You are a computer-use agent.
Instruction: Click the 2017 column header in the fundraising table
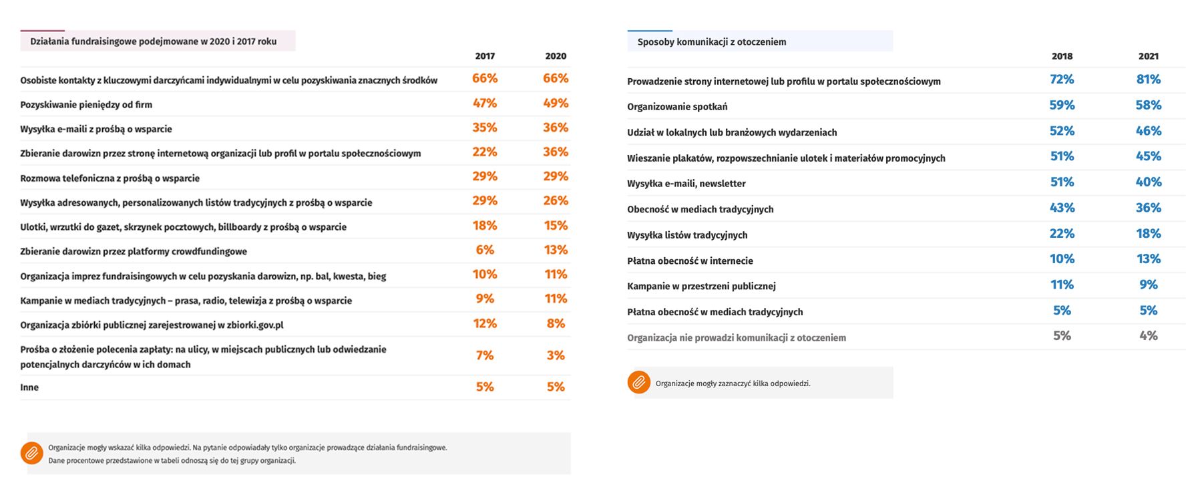(485, 56)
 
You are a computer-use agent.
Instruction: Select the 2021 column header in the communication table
(1149, 56)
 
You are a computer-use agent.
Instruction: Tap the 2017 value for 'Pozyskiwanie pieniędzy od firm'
(485, 103)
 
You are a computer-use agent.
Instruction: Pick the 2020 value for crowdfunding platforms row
(556, 250)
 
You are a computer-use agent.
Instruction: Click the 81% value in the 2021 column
(1149, 79)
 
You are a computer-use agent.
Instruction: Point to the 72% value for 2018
(1062, 79)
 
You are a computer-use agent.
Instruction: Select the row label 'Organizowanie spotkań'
(677, 107)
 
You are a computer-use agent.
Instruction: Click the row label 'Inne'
(29, 387)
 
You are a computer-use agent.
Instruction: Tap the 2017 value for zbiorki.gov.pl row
(485, 323)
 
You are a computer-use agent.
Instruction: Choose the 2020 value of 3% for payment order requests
(556, 355)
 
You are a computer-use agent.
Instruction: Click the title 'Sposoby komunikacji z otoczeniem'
(711, 42)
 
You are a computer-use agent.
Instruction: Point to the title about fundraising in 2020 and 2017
(153, 41)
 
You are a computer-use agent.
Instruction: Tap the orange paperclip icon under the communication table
(639, 382)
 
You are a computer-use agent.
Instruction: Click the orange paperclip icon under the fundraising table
(31, 453)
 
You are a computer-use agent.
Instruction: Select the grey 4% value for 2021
(1149, 336)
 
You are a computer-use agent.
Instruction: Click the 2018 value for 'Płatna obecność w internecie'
(1062, 259)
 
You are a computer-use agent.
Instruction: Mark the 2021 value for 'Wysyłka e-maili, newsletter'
(1149, 182)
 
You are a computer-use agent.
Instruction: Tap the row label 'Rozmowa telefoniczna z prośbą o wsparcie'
(110, 178)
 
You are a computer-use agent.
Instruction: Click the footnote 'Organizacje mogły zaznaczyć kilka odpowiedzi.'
(733, 383)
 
